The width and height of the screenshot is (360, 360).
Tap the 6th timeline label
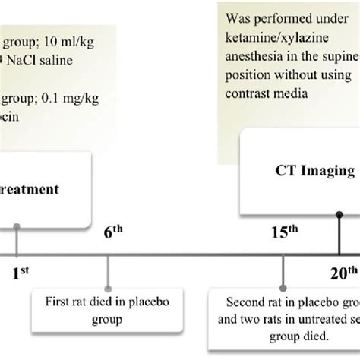[113, 235]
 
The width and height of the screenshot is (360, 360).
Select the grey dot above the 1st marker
[17, 226]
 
